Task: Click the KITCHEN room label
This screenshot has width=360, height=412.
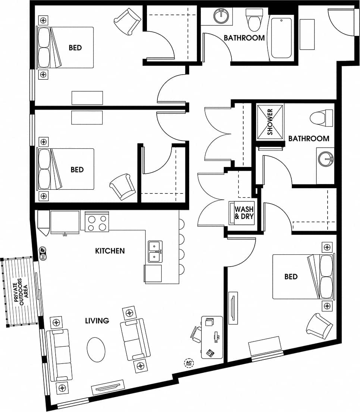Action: pyautogui.click(x=110, y=251)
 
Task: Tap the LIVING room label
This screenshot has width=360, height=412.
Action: pyautogui.click(x=97, y=320)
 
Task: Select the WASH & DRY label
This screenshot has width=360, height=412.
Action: pyautogui.click(x=244, y=214)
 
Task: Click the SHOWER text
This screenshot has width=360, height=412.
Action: pyautogui.click(x=270, y=122)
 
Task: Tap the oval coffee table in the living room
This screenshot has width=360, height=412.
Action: pyautogui.click(x=96, y=349)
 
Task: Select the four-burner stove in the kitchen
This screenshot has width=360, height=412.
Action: pyautogui.click(x=97, y=222)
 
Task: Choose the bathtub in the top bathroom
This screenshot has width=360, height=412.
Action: pyautogui.click(x=281, y=38)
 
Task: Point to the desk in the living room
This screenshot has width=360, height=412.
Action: pyautogui.click(x=212, y=337)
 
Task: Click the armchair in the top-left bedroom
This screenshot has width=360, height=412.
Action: pyautogui.click(x=128, y=22)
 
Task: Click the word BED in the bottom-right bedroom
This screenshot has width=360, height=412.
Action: pyautogui.click(x=291, y=277)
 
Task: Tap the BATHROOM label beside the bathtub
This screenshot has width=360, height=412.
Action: pyautogui.click(x=244, y=38)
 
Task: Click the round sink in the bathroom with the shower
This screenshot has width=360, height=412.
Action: pyautogui.click(x=326, y=160)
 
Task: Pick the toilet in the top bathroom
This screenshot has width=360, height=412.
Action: pyautogui.click(x=255, y=21)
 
